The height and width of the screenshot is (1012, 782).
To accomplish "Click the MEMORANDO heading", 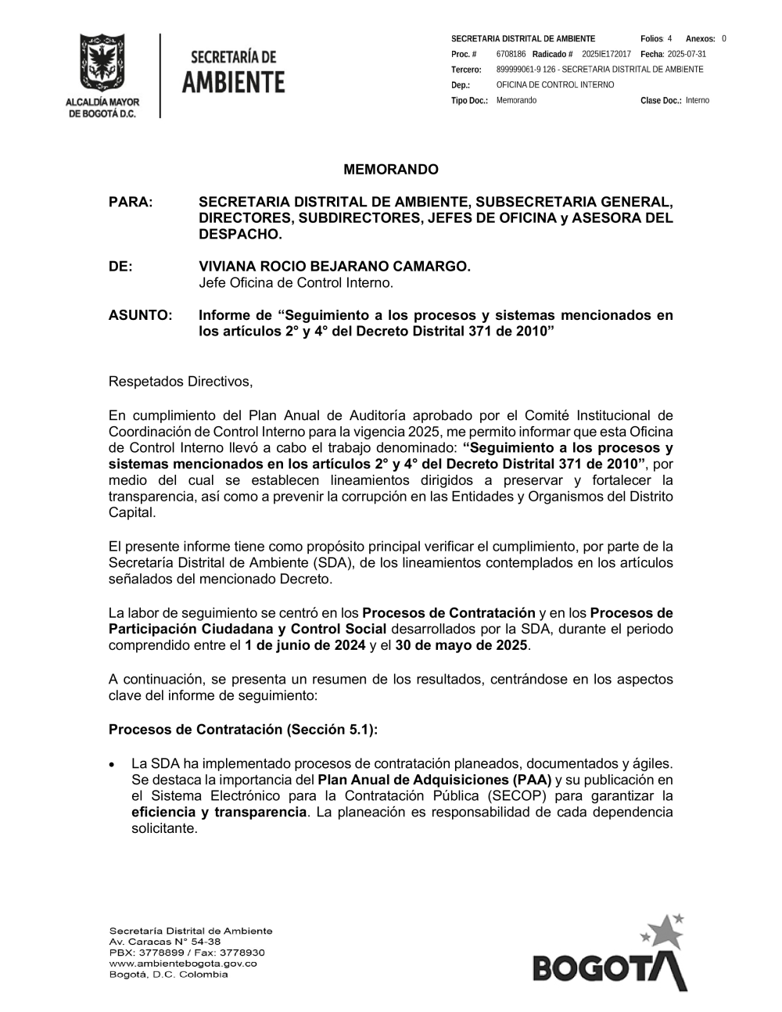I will pyautogui.click(x=391, y=170).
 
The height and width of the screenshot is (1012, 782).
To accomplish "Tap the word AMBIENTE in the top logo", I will pyautogui.click(x=233, y=82).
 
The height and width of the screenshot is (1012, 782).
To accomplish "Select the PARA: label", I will pyautogui.click(x=131, y=202).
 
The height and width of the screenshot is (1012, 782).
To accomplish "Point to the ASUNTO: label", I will pyautogui.click(x=140, y=315).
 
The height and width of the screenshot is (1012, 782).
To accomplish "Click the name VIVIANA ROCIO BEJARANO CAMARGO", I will pyautogui.click(x=335, y=267).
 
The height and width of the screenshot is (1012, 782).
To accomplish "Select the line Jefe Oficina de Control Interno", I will pyautogui.click(x=296, y=283).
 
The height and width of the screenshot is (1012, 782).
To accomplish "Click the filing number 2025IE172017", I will pyautogui.click(x=606, y=54).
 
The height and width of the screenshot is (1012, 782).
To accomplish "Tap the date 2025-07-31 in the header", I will pyautogui.click(x=687, y=54).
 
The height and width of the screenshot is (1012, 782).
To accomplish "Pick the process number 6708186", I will pyautogui.click(x=511, y=54).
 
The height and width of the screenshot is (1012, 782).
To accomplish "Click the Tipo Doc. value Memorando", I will pyautogui.click(x=516, y=101).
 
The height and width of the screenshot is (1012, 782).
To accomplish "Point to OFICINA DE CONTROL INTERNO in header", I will pyautogui.click(x=554, y=85).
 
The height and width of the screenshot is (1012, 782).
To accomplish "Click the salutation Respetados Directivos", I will pyautogui.click(x=181, y=382).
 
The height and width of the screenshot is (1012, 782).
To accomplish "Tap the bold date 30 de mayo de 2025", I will pyautogui.click(x=461, y=645).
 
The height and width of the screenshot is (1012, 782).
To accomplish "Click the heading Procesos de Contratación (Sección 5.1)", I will pyautogui.click(x=243, y=730).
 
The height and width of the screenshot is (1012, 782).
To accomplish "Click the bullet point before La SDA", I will pyautogui.click(x=114, y=764).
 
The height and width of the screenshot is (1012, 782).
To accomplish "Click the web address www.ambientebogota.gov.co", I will pyautogui.click(x=183, y=964).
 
